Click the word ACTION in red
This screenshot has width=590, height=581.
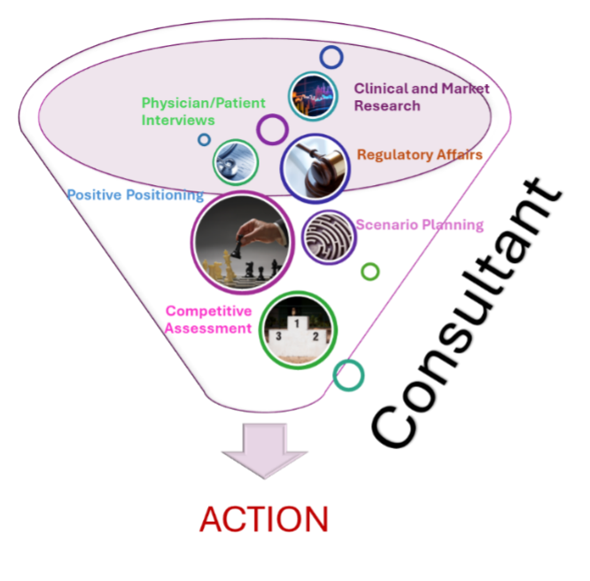click(x=264, y=519)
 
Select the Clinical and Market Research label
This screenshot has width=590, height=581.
click(x=421, y=97)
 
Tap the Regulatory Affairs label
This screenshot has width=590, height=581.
click(x=419, y=155)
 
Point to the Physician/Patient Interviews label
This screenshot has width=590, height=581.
click(x=203, y=111)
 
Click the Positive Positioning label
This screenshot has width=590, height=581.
click(x=135, y=195)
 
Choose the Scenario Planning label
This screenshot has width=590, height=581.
click(x=419, y=225)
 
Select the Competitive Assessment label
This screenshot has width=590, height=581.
click(x=209, y=320)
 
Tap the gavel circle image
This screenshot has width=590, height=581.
click(x=315, y=167)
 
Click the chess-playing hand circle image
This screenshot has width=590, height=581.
click(x=242, y=241)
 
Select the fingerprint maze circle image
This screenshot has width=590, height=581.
click(x=328, y=236)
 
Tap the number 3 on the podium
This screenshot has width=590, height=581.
click(x=278, y=337)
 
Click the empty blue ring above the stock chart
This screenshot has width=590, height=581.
click(x=331, y=58)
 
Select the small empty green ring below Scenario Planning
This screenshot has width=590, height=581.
click(x=370, y=271)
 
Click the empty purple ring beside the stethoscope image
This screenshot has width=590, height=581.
click(x=272, y=129)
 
